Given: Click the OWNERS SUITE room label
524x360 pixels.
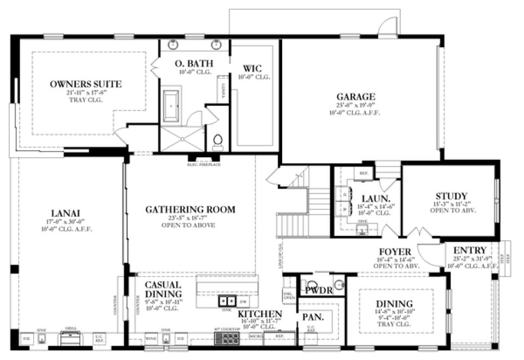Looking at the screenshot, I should click(86, 84).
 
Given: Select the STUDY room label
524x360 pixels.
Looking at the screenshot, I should click(451, 196).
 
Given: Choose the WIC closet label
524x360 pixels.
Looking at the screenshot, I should click(253, 69).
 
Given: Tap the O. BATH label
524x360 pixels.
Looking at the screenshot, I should click(194, 63).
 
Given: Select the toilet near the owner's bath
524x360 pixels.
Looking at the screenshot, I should click(218, 142).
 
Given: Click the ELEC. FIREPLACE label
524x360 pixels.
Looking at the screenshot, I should click(203, 164).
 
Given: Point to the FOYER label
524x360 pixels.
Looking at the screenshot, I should click(395, 252).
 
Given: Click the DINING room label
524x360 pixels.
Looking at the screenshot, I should click(394, 304).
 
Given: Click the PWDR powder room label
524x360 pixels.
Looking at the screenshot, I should click(319, 290).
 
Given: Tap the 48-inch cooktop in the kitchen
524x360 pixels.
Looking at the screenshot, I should click(227, 338).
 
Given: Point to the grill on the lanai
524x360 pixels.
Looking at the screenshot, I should click(72, 338).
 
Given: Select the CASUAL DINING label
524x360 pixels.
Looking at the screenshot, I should click(163, 290).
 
